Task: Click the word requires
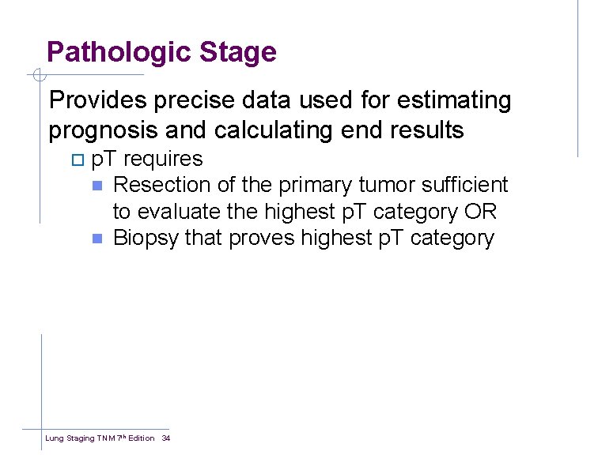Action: click(x=163, y=159)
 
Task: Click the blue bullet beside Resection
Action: click(x=97, y=186)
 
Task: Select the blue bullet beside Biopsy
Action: click(x=97, y=239)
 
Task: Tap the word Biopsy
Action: click(x=146, y=239)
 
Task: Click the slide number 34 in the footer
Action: click(x=166, y=438)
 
